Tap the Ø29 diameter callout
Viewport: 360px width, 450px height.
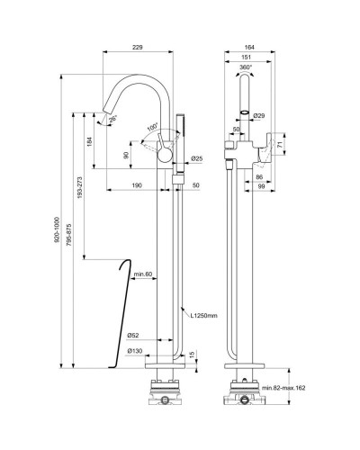[x=259, y=116]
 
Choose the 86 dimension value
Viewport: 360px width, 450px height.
[x=258, y=178]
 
